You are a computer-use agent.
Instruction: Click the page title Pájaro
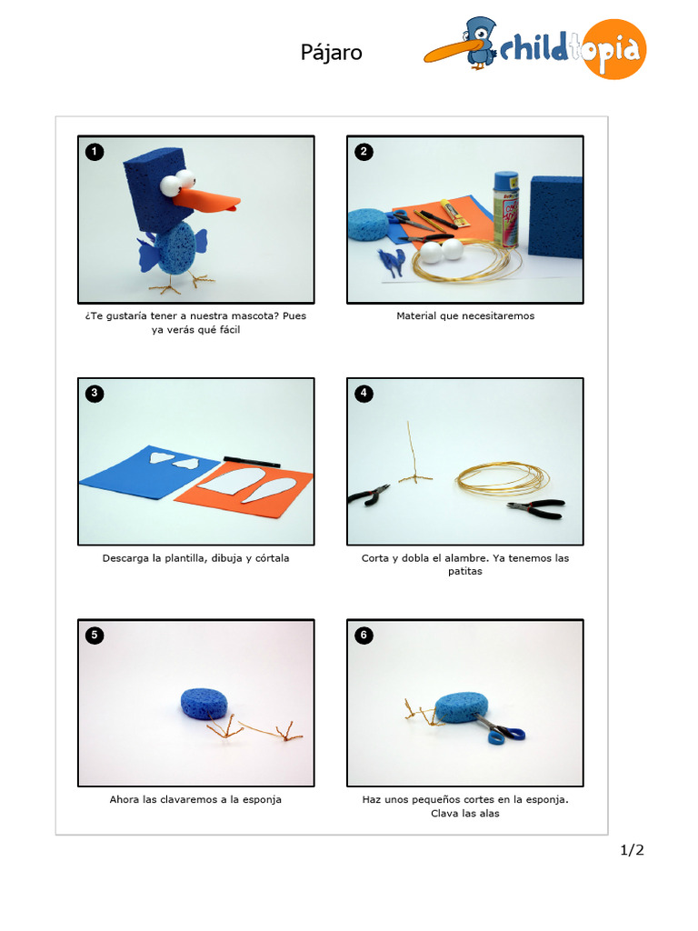coord(332,53)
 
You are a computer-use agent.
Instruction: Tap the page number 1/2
coord(632,850)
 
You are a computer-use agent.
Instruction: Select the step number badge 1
coord(94,151)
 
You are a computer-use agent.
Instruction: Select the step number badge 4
coord(364,393)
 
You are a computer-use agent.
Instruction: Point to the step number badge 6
coord(364,635)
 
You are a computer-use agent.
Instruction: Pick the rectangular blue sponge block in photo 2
coord(555,216)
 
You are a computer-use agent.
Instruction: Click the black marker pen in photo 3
coord(251,461)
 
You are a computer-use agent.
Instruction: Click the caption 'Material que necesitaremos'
coord(465,316)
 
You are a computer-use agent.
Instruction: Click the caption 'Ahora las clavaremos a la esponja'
coord(195,800)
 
